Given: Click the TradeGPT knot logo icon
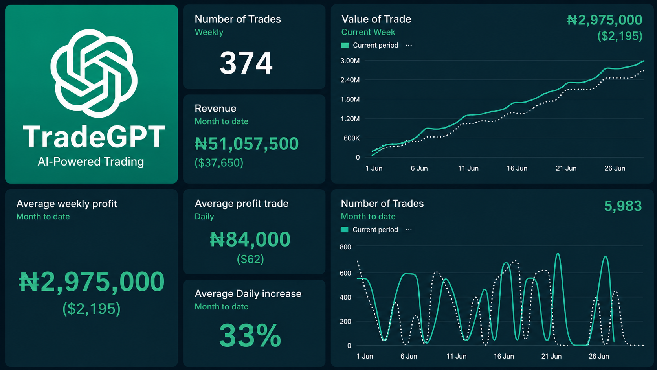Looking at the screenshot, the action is [x=94, y=73].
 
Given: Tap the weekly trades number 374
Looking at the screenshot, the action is [x=246, y=63].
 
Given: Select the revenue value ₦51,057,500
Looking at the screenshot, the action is [x=247, y=144].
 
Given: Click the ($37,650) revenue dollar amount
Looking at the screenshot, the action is [x=219, y=162].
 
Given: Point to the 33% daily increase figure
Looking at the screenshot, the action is [x=250, y=335].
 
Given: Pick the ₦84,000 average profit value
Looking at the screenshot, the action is [x=250, y=239].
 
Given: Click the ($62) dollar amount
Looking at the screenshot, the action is [x=250, y=259].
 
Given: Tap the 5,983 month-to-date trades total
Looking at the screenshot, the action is [x=623, y=206].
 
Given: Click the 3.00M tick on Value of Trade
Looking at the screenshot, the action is [x=350, y=61].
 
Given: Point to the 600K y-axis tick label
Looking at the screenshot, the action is [x=352, y=138].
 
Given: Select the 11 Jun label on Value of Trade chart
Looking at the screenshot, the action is [x=468, y=168].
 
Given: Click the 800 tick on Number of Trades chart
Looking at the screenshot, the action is [x=345, y=247].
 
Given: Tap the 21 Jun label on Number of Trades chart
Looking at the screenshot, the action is [x=551, y=356].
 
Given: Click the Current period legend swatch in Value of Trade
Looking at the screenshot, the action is [x=345, y=46].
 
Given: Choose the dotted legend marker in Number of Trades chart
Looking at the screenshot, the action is [x=409, y=230].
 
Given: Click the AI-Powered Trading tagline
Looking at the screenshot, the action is [x=91, y=162].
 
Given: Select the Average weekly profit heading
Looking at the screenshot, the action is [x=66, y=204].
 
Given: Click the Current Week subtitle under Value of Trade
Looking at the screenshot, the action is [x=368, y=32].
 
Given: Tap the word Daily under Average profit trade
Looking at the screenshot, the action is [x=204, y=217].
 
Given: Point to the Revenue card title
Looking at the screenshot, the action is [x=216, y=109].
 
